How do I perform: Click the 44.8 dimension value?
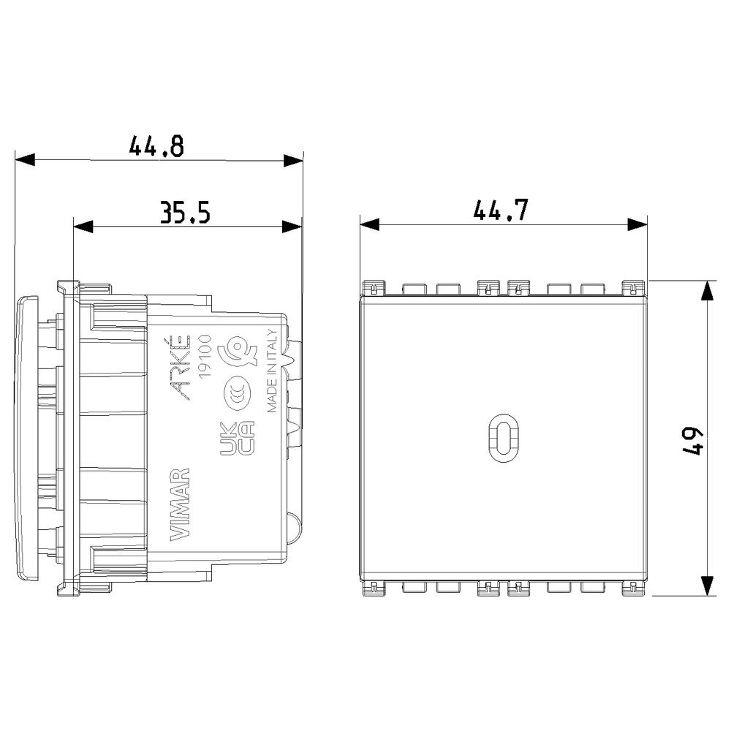[x=156, y=146]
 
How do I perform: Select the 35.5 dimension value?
[x=185, y=212]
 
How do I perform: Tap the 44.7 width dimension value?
[x=501, y=210]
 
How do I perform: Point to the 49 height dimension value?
[x=692, y=441]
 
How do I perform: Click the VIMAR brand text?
[x=180, y=504]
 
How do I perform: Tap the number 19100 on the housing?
[x=205, y=356]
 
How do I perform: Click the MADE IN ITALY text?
[x=272, y=371]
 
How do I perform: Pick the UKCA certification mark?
[x=237, y=438]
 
